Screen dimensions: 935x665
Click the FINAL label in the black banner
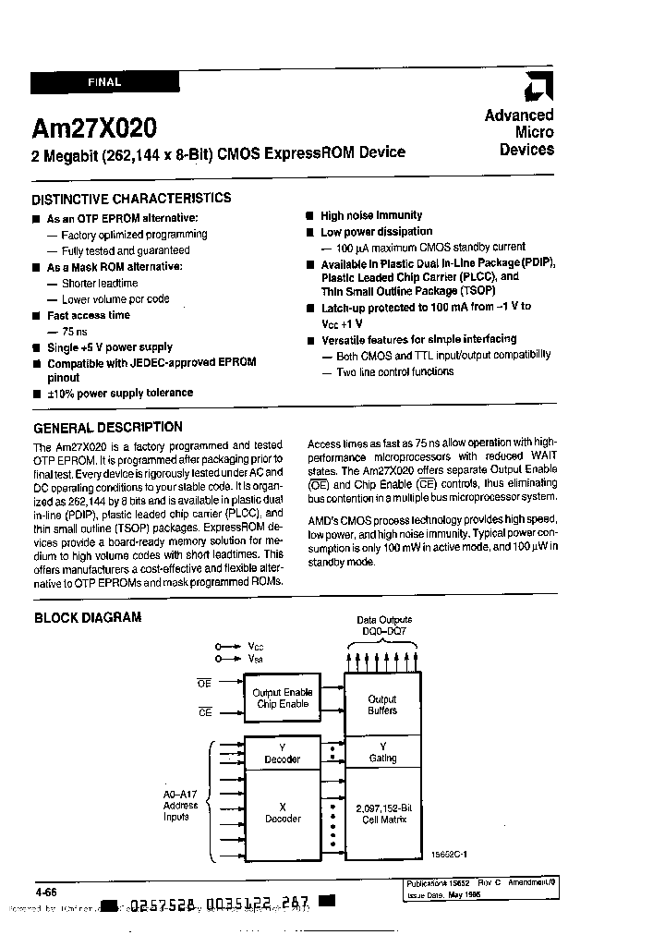pos(104,82)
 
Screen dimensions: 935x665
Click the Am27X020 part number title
pos(94,127)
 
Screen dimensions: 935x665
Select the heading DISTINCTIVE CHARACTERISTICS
pos(131,198)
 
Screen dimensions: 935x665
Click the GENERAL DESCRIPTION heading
pos(107,427)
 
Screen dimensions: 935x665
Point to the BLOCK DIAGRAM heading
pos(88,617)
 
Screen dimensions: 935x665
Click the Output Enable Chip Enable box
pos(283,698)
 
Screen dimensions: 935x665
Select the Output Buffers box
pos(381,705)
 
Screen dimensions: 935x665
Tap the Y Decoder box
pos(283,752)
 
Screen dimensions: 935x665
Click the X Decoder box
pos(283,812)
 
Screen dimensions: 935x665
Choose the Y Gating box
pos(381,752)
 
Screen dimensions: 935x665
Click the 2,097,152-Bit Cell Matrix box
pos(381,814)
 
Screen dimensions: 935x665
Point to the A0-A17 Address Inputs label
pos(180,806)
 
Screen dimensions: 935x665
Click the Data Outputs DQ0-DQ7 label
pos(383,625)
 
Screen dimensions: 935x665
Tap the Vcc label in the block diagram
pos(255,647)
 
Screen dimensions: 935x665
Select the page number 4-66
pos(46,892)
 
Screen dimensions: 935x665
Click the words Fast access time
pos(89,315)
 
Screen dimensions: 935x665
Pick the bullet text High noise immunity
pos(371,215)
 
